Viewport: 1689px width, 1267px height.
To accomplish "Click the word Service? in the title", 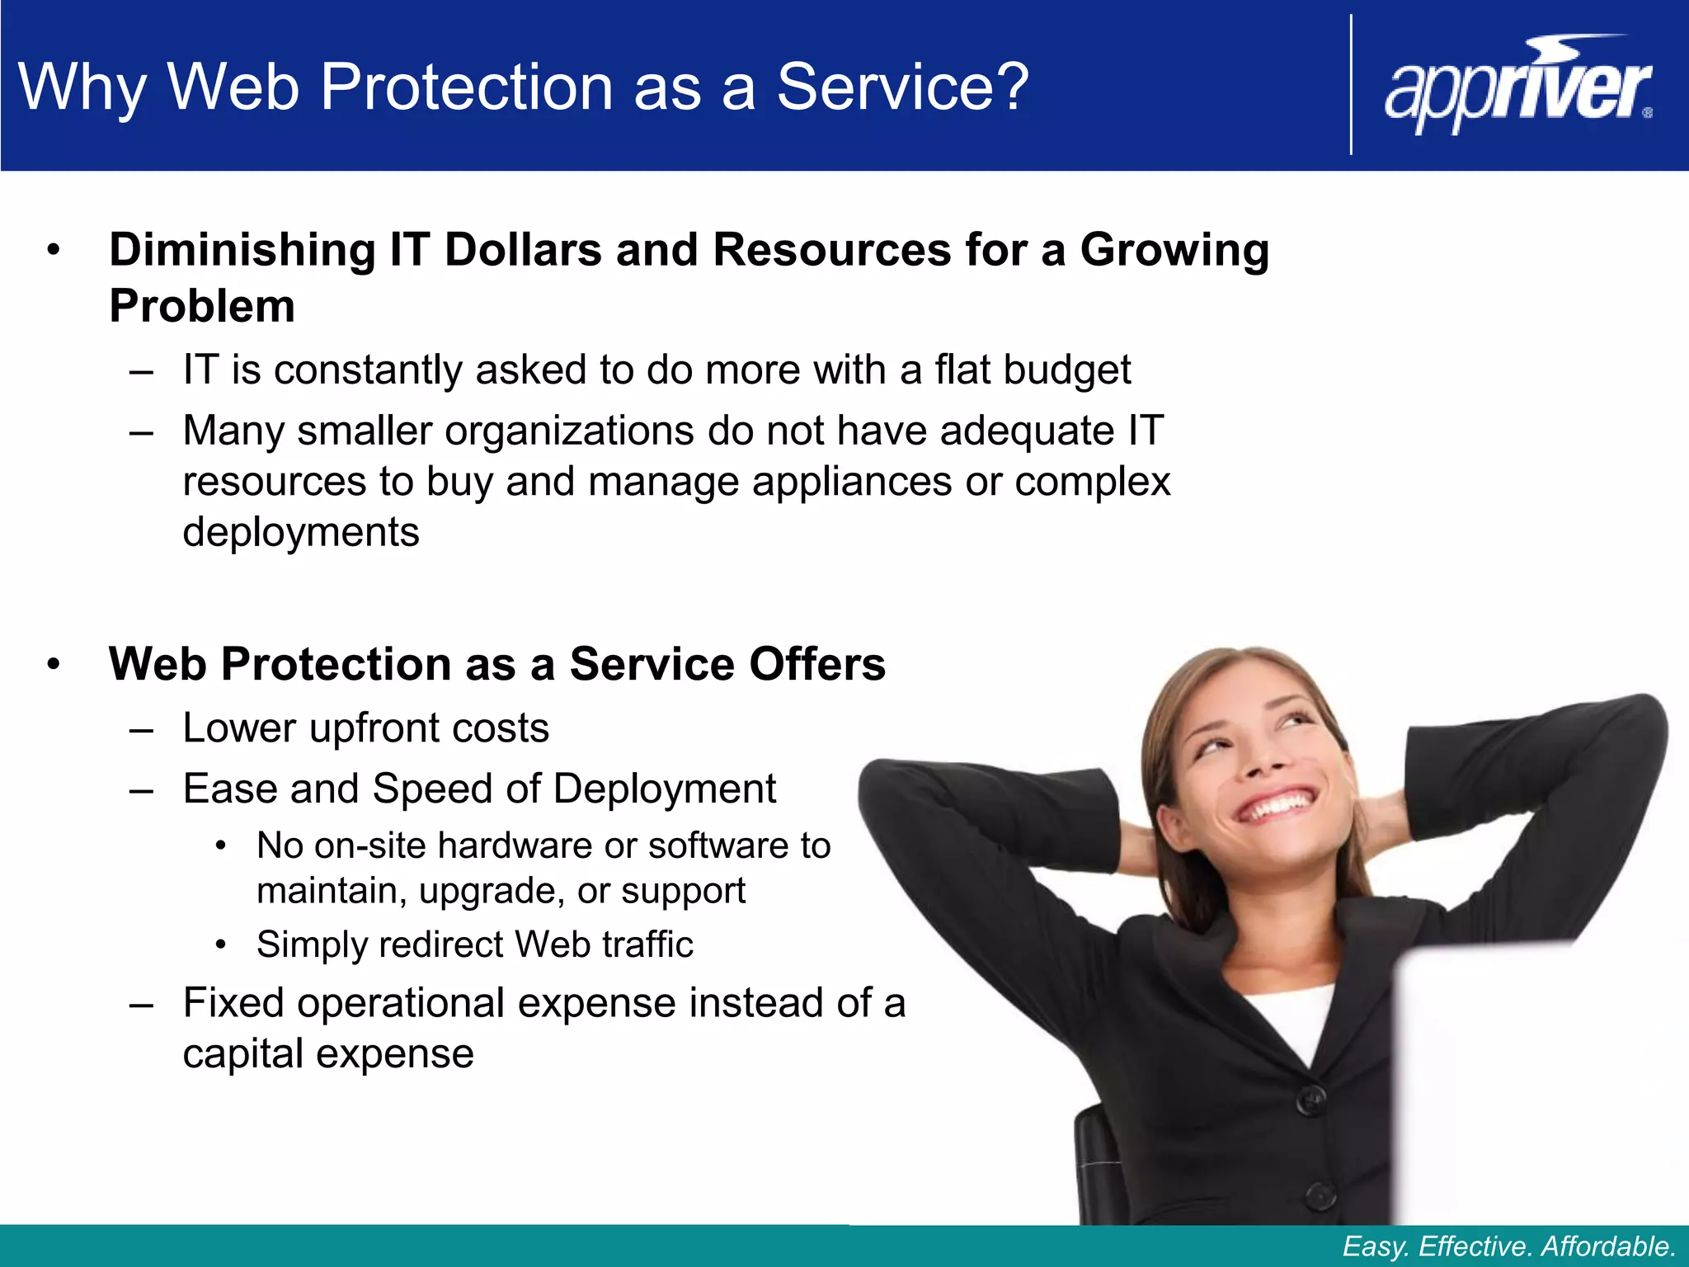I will [902, 87].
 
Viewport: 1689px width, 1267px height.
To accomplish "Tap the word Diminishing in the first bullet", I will [242, 250].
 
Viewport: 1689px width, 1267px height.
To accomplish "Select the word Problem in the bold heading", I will [202, 307].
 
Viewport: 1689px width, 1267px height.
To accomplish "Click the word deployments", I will [301, 532].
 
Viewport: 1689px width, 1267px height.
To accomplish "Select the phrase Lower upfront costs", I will [365, 728].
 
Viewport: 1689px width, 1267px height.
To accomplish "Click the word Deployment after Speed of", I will [665, 789].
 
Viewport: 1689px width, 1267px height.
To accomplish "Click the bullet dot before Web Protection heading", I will [54, 665].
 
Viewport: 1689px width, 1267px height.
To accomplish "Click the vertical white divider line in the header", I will [1351, 85].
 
